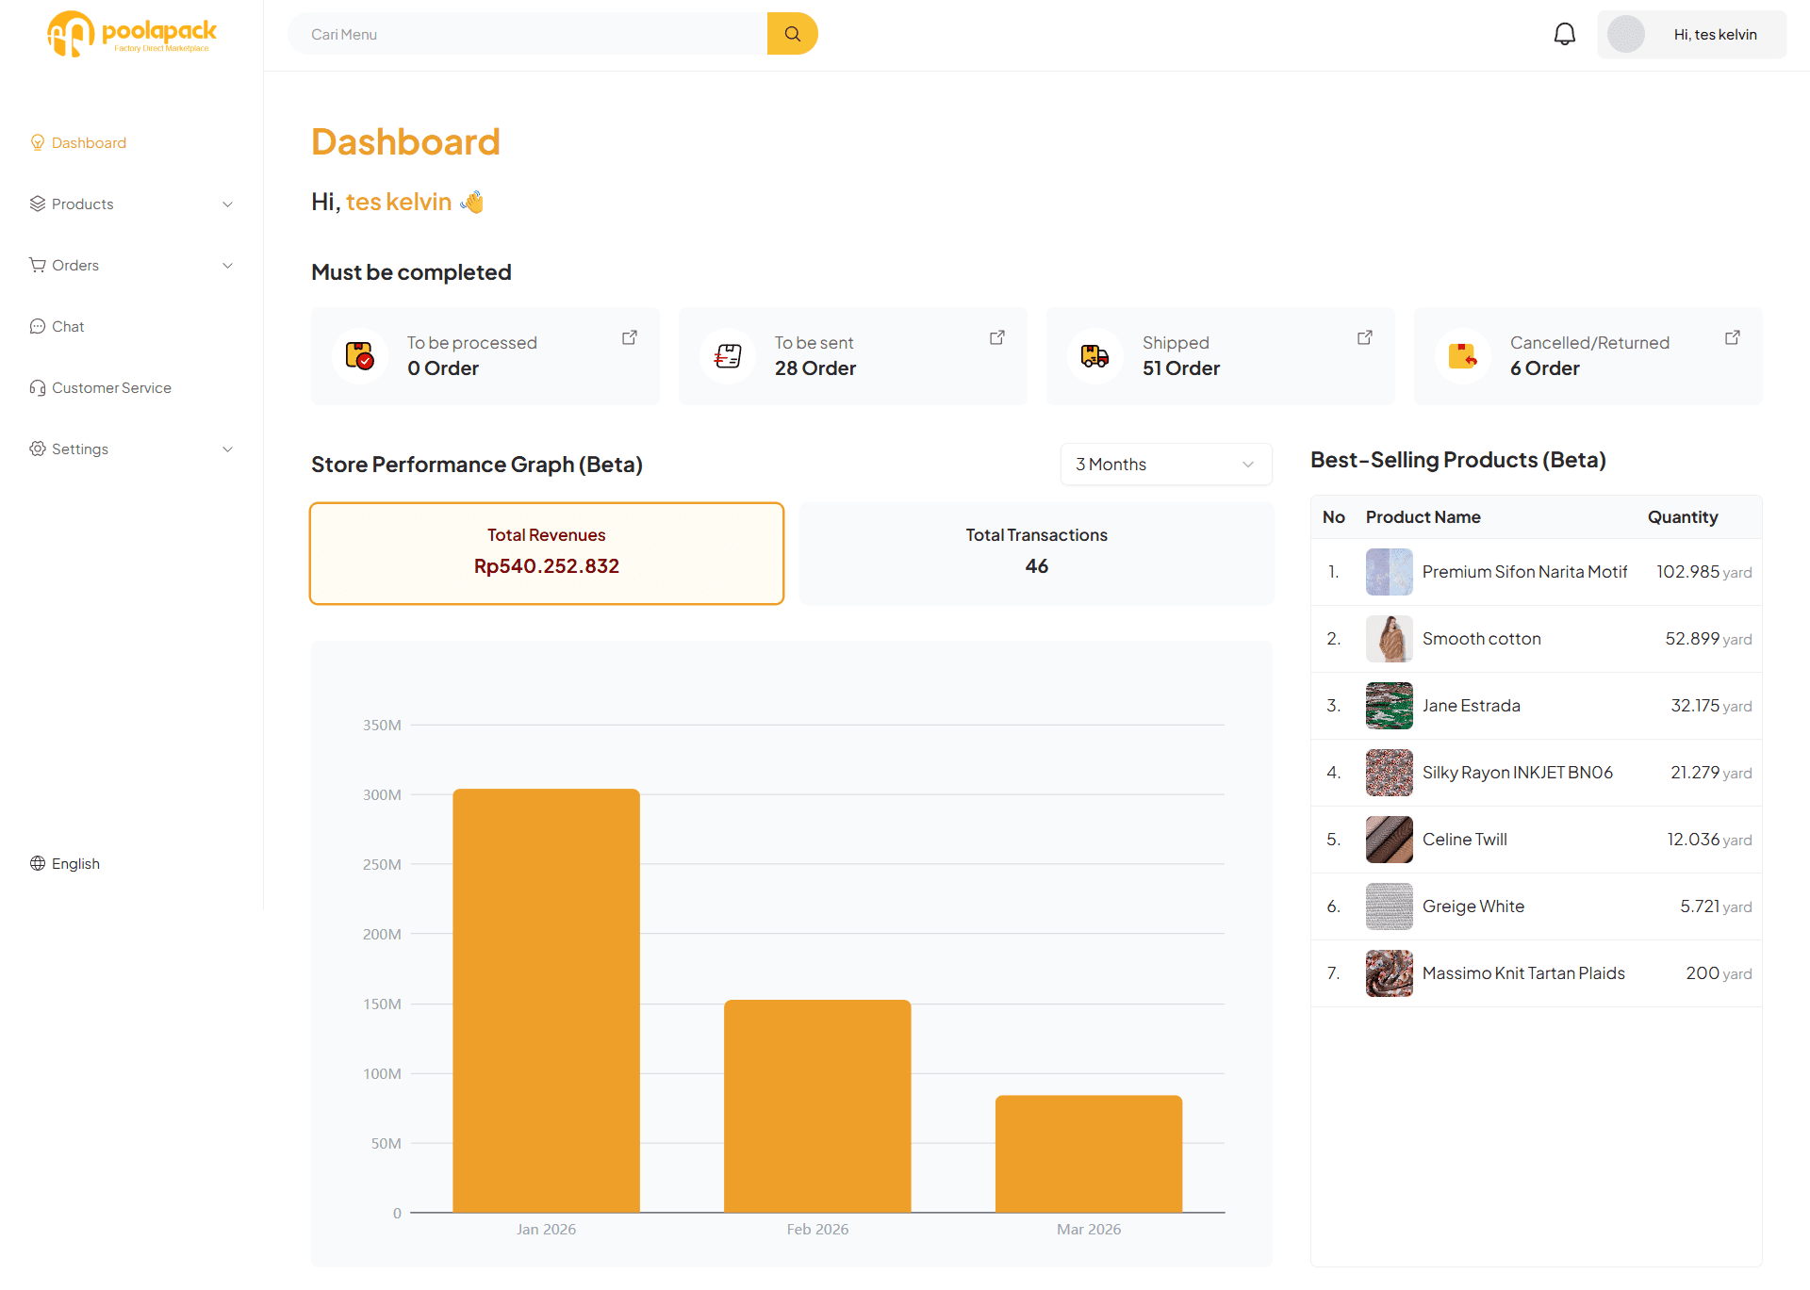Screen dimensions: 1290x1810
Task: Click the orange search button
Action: (792, 34)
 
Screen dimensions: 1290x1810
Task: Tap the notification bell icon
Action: (1564, 34)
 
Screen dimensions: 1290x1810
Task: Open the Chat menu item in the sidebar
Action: (68, 326)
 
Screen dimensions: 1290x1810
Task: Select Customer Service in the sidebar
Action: (111, 387)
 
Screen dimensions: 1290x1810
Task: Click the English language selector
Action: (74, 863)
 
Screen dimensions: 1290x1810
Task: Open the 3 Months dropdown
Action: (1165, 465)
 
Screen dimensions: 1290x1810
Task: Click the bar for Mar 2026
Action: (1088, 1153)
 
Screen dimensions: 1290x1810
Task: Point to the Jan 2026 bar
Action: (546, 1000)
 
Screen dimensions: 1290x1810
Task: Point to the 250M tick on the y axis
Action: (382, 864)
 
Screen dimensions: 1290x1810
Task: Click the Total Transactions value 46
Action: (1036, 566)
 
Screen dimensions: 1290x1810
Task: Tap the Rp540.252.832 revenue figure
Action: (546, 566)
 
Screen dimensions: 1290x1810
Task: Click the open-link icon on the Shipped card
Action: (1364, 337)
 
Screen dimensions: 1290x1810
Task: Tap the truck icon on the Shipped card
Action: (1094, 356)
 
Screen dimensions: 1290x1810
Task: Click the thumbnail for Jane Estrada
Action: (1389, 706)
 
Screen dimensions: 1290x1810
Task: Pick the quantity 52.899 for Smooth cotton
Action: (1691, 639)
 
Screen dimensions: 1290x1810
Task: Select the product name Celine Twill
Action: (1464, 840)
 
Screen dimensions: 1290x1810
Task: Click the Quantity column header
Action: (1682, 517)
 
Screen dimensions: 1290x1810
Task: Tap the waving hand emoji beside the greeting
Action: (472, 202)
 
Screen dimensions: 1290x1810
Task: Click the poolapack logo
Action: (132, 34)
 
